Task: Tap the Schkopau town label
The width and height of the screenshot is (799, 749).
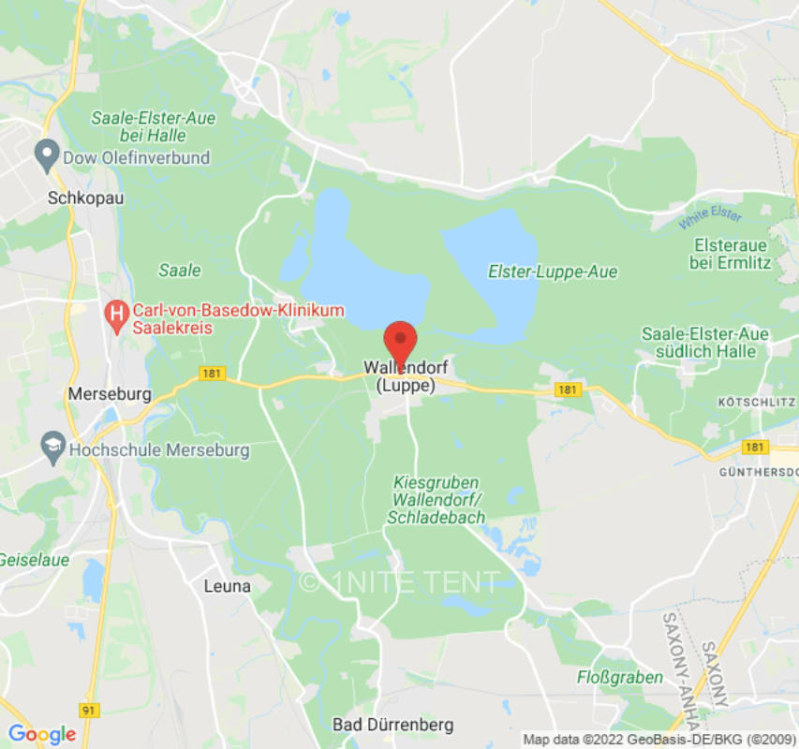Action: pyautogui.click(x=86, y=198)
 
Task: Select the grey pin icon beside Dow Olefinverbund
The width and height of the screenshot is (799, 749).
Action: pyautogui.click(x=45, y=155)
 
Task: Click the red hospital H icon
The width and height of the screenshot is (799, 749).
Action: pyautogui.click(x=116, y=317)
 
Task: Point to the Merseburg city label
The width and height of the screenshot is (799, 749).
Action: pyautogui.click(x=110, y=394)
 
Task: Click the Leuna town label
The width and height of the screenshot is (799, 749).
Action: pyautogui.click(x=227, y=586)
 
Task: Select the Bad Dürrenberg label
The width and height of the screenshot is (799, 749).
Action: pyautogui.click(x=392, y=725)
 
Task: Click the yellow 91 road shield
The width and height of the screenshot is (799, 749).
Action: pyautogui.click(x=89, y=711)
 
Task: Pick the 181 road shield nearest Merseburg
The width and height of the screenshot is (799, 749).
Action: pyautogui.click(x=213, y=374)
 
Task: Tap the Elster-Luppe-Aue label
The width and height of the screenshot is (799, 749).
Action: pyautogui.click(x=553, y=272)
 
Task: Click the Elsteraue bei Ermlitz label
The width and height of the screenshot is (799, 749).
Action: pyautogui.click(x=731, y=254)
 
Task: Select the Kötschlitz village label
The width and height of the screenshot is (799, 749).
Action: pyautogui.click(x=756, y=402)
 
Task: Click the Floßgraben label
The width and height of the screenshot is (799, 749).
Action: pyautogui.click(x=620, y=676)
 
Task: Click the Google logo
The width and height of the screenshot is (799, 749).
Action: pyautogui.click(x=41, y=733)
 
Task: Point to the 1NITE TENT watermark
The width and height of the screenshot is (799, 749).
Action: pyautogui.click(x=400, y=581)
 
